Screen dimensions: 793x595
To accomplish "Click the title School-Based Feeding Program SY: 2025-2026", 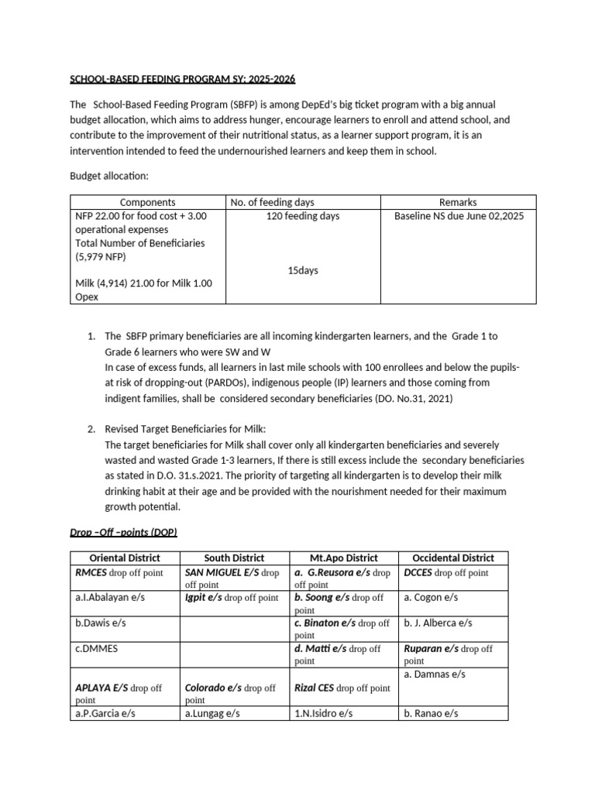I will (x=183, y=80).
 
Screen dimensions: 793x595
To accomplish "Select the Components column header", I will (x=147, y=202).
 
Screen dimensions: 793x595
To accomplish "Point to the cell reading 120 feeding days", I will (x=302, y=216).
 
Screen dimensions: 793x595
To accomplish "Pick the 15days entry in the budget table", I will (x=302, y=270).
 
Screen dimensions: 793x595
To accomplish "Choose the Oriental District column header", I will (x=125, y=558).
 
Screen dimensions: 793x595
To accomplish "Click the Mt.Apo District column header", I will (x=342, y=558).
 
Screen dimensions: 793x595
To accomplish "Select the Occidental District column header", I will (x=452, y=558).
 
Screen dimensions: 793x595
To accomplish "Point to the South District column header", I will (x=234, y=558).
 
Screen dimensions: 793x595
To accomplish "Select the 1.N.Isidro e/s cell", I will (x=323, y=713).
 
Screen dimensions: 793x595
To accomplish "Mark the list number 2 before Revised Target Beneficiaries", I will (x=91, y=429).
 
